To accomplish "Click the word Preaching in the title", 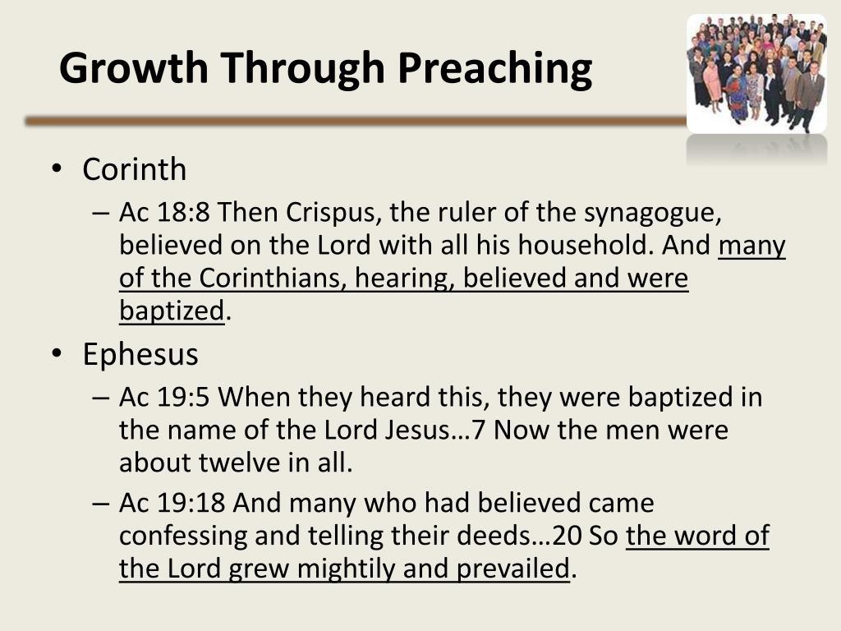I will point(495,68).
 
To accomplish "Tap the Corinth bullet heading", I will point(134,169).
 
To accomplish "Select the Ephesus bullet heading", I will point(140,353).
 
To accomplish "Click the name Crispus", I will point(333,213).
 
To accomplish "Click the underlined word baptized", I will point(172,310).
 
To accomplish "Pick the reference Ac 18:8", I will point(165,213).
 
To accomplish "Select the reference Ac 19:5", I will point(165,397).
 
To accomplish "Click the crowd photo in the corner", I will point(756,74).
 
